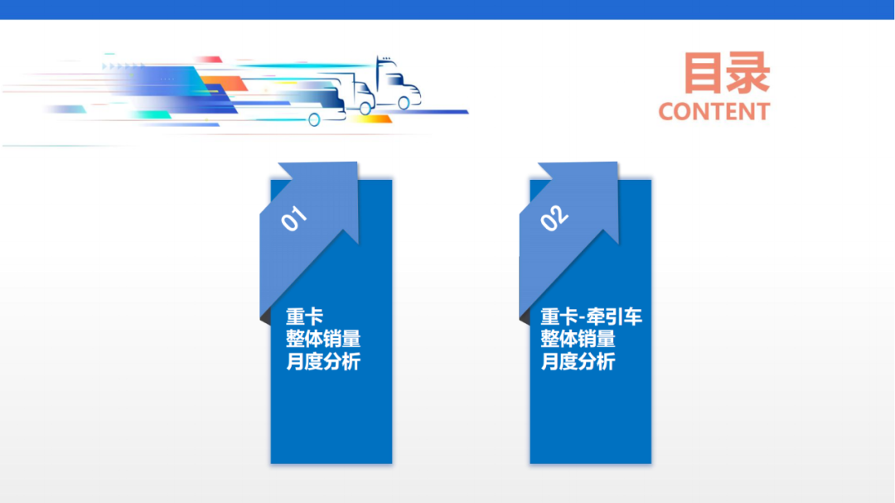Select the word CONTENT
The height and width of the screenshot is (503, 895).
click(714, 112)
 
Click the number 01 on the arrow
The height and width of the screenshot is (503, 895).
click(293, 218)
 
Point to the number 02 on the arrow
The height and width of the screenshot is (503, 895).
click(554, 217)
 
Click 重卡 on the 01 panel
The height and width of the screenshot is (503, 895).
click(304, 317)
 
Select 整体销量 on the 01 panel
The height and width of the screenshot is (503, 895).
click(323, 339)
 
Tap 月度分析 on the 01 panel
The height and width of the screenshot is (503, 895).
click(323, 361)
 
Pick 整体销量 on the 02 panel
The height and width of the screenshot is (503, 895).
click(578, 339)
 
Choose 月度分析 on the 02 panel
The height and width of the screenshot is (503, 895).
click(578, 361)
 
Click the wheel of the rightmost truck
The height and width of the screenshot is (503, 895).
click(404, 103)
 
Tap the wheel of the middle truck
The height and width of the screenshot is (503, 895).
click(365, 106)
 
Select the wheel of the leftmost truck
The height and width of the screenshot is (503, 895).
click(314, 119)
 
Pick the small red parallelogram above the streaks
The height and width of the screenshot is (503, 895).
click(209, 60)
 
